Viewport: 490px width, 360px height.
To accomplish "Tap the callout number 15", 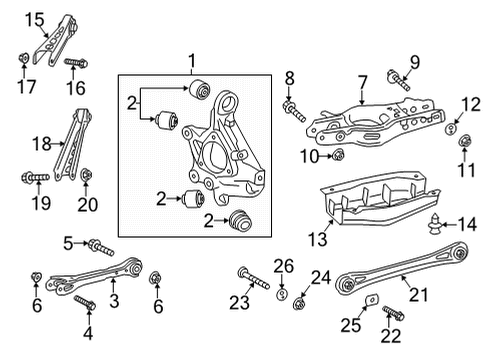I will [35, 19].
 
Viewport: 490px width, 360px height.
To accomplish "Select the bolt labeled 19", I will [31, 180].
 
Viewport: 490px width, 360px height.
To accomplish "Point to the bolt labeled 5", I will [101, 245].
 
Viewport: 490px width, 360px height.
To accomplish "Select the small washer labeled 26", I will [283, 294].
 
